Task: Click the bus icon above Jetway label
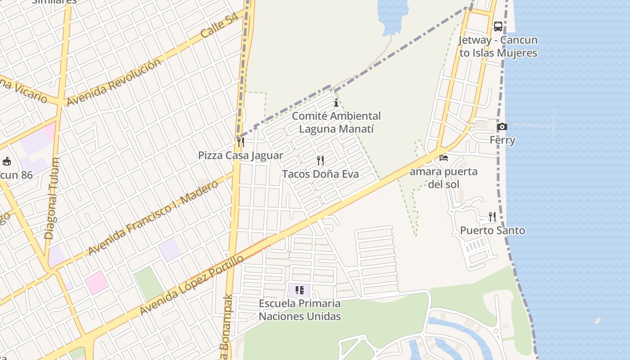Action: click(x=498, y=27)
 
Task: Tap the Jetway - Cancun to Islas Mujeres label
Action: click(x=498, y=46)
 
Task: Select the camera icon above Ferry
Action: click(x=502, y=127)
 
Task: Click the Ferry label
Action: click(x=502, y=140)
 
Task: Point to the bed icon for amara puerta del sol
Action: click(x=444, y=158)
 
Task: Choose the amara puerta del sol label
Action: click(x=443, y=178)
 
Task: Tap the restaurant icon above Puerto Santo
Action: click(x=492, y=217)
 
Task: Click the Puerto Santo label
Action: click(x=492, y=230)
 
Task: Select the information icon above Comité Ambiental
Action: click(x=336, y=103)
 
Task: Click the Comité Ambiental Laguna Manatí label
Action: click(x=336, y=122)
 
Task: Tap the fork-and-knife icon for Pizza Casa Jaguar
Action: click(x=241, y=142)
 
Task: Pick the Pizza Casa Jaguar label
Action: click(x=241, y=156)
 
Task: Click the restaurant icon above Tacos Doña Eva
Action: click(x=320, y=161)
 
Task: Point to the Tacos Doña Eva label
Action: click(x=320, y=174)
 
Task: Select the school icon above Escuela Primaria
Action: click(x=300, y=290)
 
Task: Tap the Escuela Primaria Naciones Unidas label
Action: click(x=300, y=310)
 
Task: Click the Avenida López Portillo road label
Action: click(x=192, y=285)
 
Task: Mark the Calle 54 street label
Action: click(x=219, y=26)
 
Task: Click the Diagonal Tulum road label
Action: click(x=52, y=198)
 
